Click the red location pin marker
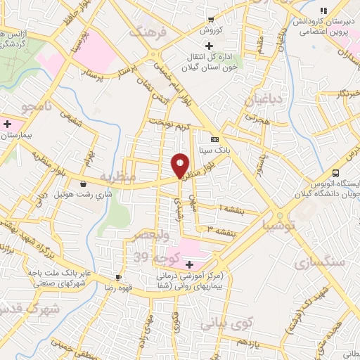coord(180,165)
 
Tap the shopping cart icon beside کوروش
coord(211,20)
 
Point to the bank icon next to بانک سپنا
coord(214,139)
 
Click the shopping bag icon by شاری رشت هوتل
coord(83,184)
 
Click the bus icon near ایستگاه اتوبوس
coord(335,173)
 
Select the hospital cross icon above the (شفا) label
coord(190,264)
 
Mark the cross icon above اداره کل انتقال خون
coord(199,46)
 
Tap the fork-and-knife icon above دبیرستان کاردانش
coord(323,11)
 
